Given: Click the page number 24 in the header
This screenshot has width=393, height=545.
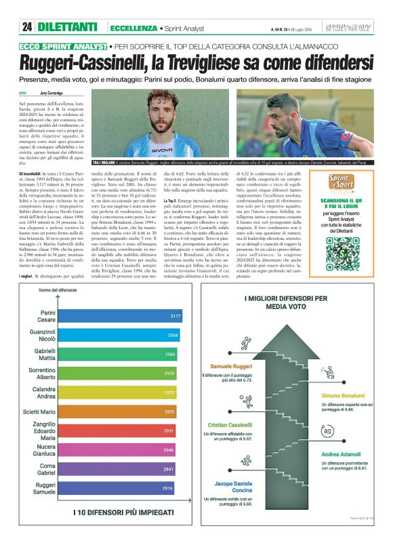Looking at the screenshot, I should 26,27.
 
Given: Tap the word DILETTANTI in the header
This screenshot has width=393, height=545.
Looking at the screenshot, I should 68,27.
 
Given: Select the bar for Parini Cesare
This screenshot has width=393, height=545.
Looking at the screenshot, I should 129,316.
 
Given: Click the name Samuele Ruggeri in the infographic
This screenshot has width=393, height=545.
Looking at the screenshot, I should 234,366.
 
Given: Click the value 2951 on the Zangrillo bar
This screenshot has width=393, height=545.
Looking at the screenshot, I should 169,430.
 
